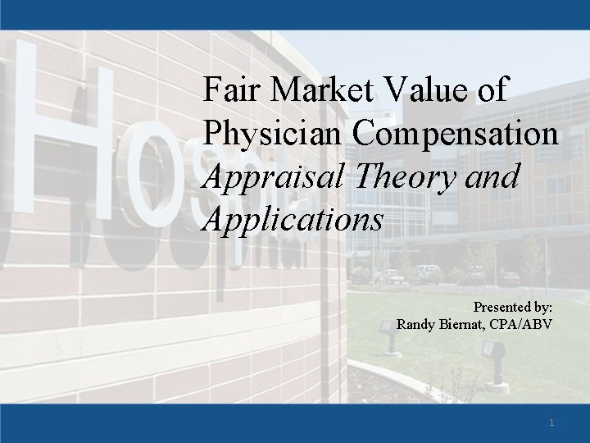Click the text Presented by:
click(513, 307)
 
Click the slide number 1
click(551, 422)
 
